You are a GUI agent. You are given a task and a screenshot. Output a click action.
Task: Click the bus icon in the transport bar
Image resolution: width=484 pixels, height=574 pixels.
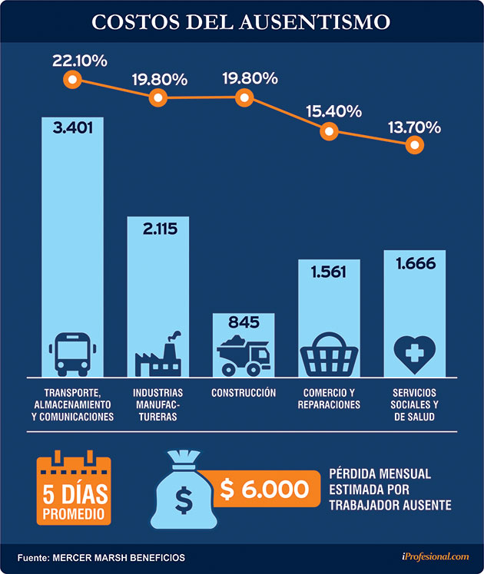click(72, 353)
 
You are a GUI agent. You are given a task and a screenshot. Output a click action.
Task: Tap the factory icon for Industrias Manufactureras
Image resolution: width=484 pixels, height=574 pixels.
click(158, 354)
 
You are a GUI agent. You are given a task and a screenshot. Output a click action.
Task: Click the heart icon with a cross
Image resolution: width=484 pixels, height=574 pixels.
click(414, 353)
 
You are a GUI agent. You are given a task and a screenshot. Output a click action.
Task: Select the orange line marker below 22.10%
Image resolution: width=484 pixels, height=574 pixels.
click(73, 79)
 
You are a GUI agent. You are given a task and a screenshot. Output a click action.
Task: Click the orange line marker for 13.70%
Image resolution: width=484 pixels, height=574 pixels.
click(415, 145)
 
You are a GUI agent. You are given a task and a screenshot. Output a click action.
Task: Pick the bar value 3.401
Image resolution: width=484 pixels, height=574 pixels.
click(73, 127)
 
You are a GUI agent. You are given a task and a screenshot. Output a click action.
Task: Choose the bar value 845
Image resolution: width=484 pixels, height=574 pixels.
click(244, 322)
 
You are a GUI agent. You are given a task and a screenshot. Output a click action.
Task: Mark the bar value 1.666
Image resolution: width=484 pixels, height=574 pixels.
click(415, 265)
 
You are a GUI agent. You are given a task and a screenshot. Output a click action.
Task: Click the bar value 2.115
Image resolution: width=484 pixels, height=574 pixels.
click(158, 227)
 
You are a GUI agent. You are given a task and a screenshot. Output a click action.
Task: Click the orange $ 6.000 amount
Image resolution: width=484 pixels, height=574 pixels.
click(265, 490)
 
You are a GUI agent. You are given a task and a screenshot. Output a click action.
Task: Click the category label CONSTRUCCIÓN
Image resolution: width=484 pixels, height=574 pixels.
click(244, 393)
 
